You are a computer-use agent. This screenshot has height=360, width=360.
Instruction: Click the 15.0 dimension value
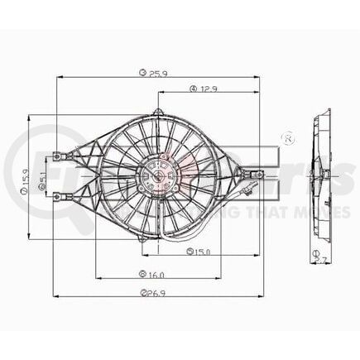(201, 252)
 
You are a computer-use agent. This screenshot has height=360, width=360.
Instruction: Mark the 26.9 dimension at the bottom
(152, 291)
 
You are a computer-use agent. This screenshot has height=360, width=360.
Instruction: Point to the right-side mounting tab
(256, 175)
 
